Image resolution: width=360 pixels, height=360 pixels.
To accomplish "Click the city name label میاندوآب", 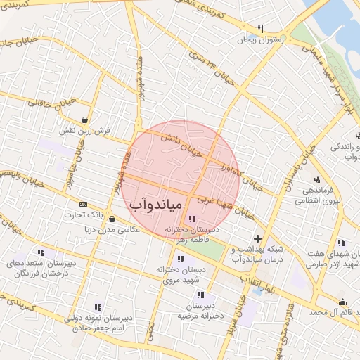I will point(156,204).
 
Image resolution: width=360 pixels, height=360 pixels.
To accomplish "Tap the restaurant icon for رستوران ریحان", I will point(261,29).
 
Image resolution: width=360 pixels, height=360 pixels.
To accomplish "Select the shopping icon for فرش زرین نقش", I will point(85,119).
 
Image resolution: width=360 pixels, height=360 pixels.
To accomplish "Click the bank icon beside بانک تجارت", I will point(84,204).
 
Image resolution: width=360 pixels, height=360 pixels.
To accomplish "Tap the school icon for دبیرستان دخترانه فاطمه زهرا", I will point(193,219).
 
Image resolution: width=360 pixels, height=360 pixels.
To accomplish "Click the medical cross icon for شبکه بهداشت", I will point(257,239).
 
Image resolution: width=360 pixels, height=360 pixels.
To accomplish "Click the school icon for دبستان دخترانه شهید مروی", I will point(181,259).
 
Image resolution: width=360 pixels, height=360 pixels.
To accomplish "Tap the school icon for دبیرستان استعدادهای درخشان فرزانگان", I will point(41,252).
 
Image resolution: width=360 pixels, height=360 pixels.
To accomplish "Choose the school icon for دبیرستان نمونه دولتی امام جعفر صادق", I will point(98,307).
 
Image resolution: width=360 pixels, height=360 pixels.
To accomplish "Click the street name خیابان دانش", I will point(186,145).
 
